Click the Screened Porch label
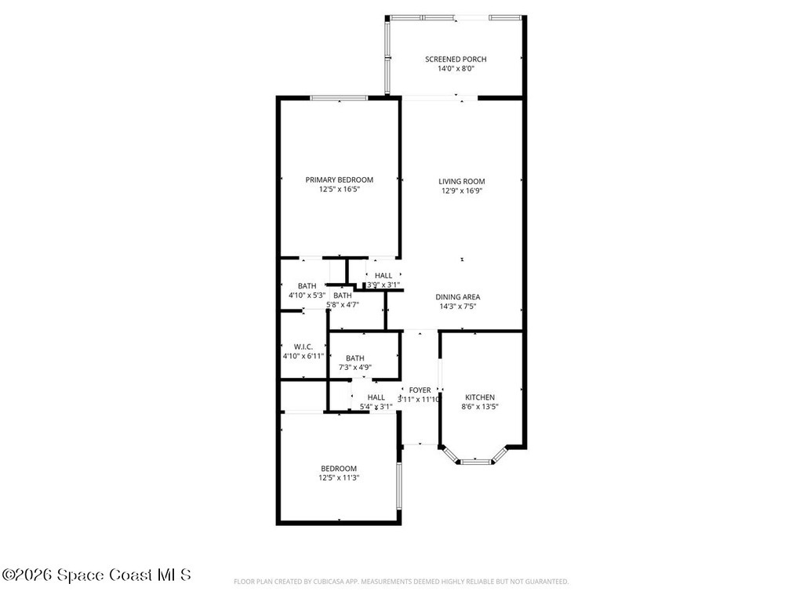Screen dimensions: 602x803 click(456, 59)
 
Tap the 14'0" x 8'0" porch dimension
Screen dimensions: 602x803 click(456, 69)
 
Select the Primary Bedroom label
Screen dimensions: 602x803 click(339, 180)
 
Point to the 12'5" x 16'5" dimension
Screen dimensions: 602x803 click(339, 190)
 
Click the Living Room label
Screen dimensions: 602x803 click(461, 181)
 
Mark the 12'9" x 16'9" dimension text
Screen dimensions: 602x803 click(461, 190)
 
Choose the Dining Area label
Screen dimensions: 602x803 click(458, 297)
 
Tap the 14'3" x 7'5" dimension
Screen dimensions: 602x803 click(458, 306)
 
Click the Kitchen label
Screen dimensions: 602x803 click(479, 397)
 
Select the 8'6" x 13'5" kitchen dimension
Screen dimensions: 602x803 click(479, 407)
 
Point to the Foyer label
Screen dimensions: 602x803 click(420, 390)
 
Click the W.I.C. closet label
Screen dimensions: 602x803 click(303, 346)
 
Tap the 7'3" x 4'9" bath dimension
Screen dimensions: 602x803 click(354, 367)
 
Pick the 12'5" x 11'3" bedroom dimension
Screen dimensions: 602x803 click(339, 477)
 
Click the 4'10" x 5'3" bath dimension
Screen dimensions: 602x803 click(307, 296)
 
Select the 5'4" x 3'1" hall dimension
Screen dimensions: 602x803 click(376, 407)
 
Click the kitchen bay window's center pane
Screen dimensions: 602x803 click(474, 462)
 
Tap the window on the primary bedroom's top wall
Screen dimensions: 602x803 click(339, 98)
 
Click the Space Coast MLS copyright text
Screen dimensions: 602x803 click(96, 575)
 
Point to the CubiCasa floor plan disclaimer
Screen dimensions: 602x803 click(401, 582)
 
